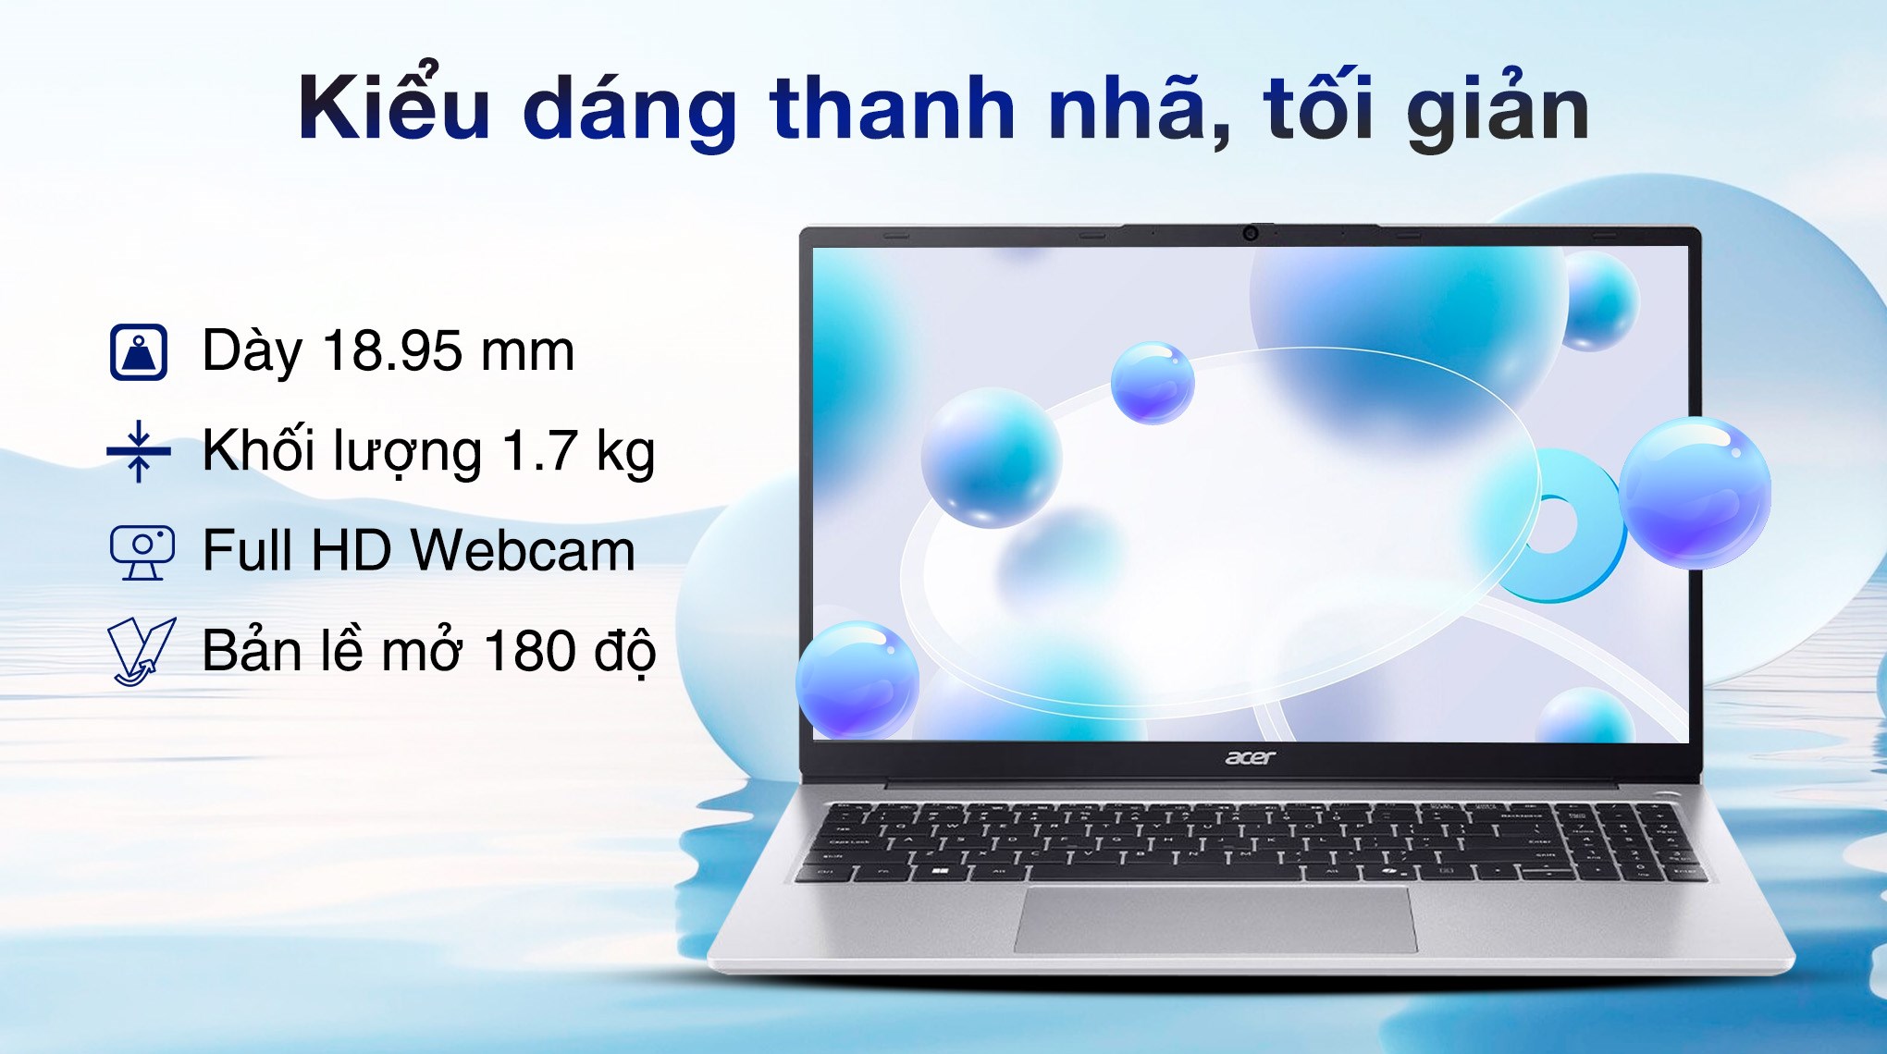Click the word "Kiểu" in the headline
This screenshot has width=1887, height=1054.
393,108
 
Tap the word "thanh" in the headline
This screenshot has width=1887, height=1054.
892,108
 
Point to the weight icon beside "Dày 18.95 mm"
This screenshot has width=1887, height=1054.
139,352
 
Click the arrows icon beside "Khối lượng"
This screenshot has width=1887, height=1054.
139,451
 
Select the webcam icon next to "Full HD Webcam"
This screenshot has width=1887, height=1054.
142,551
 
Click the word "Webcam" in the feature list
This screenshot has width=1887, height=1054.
523,551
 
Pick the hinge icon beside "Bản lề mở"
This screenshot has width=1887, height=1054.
141,651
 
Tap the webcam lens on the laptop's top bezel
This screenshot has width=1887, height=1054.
1250,233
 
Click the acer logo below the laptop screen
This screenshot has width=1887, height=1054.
1250,758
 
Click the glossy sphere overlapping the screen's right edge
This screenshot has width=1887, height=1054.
1695,492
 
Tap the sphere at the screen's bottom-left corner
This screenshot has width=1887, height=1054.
857,680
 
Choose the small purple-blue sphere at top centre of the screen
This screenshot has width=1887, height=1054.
1152,383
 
